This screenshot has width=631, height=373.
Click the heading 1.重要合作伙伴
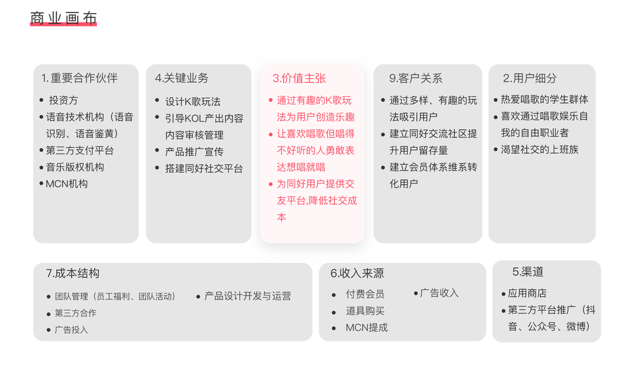pyautogui.click(x=80, y=78)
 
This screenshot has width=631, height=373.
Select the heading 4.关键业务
pyautogui.click(x=182, y=78)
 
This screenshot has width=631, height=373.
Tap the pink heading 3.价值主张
pyautogui.click(x=299, y=78)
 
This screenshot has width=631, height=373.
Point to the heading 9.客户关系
pyautogui.click(x=416, y=78)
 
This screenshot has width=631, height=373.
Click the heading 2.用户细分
pyautogui.click(x=530, y=78)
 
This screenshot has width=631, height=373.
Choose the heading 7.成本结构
pyautogui.click(x=73, y=274)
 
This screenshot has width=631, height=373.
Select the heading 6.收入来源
pyautogui.click(x=357, y=274)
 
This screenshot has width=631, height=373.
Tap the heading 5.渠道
pyautogui.click(x=528, y=272)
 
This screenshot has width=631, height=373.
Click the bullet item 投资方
pyautogui.click(x=63, y=100)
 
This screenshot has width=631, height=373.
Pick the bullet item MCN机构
pyautogui.click(x=67, y=183)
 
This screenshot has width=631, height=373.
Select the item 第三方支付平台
pyautogui.click(x=80, y=150)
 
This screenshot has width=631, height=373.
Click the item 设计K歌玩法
pyautogui.click(x=193, y=101)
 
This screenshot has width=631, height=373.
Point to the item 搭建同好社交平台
pyautogui.click(x=204, y=168)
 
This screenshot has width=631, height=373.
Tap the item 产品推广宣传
pyautogui.click(x=194, y=152)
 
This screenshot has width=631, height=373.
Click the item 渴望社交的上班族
pyautogui.click(x=540, y=149)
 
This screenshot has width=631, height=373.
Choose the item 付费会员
pyautogui.click(x=365, y=294)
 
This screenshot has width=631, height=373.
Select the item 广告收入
pyautogui.click(x=439, y=293)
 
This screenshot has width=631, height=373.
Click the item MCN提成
pyautogui.click(x=367, y=328)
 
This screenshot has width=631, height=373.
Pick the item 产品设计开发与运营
pyautogui.click(x=247, y=296)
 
